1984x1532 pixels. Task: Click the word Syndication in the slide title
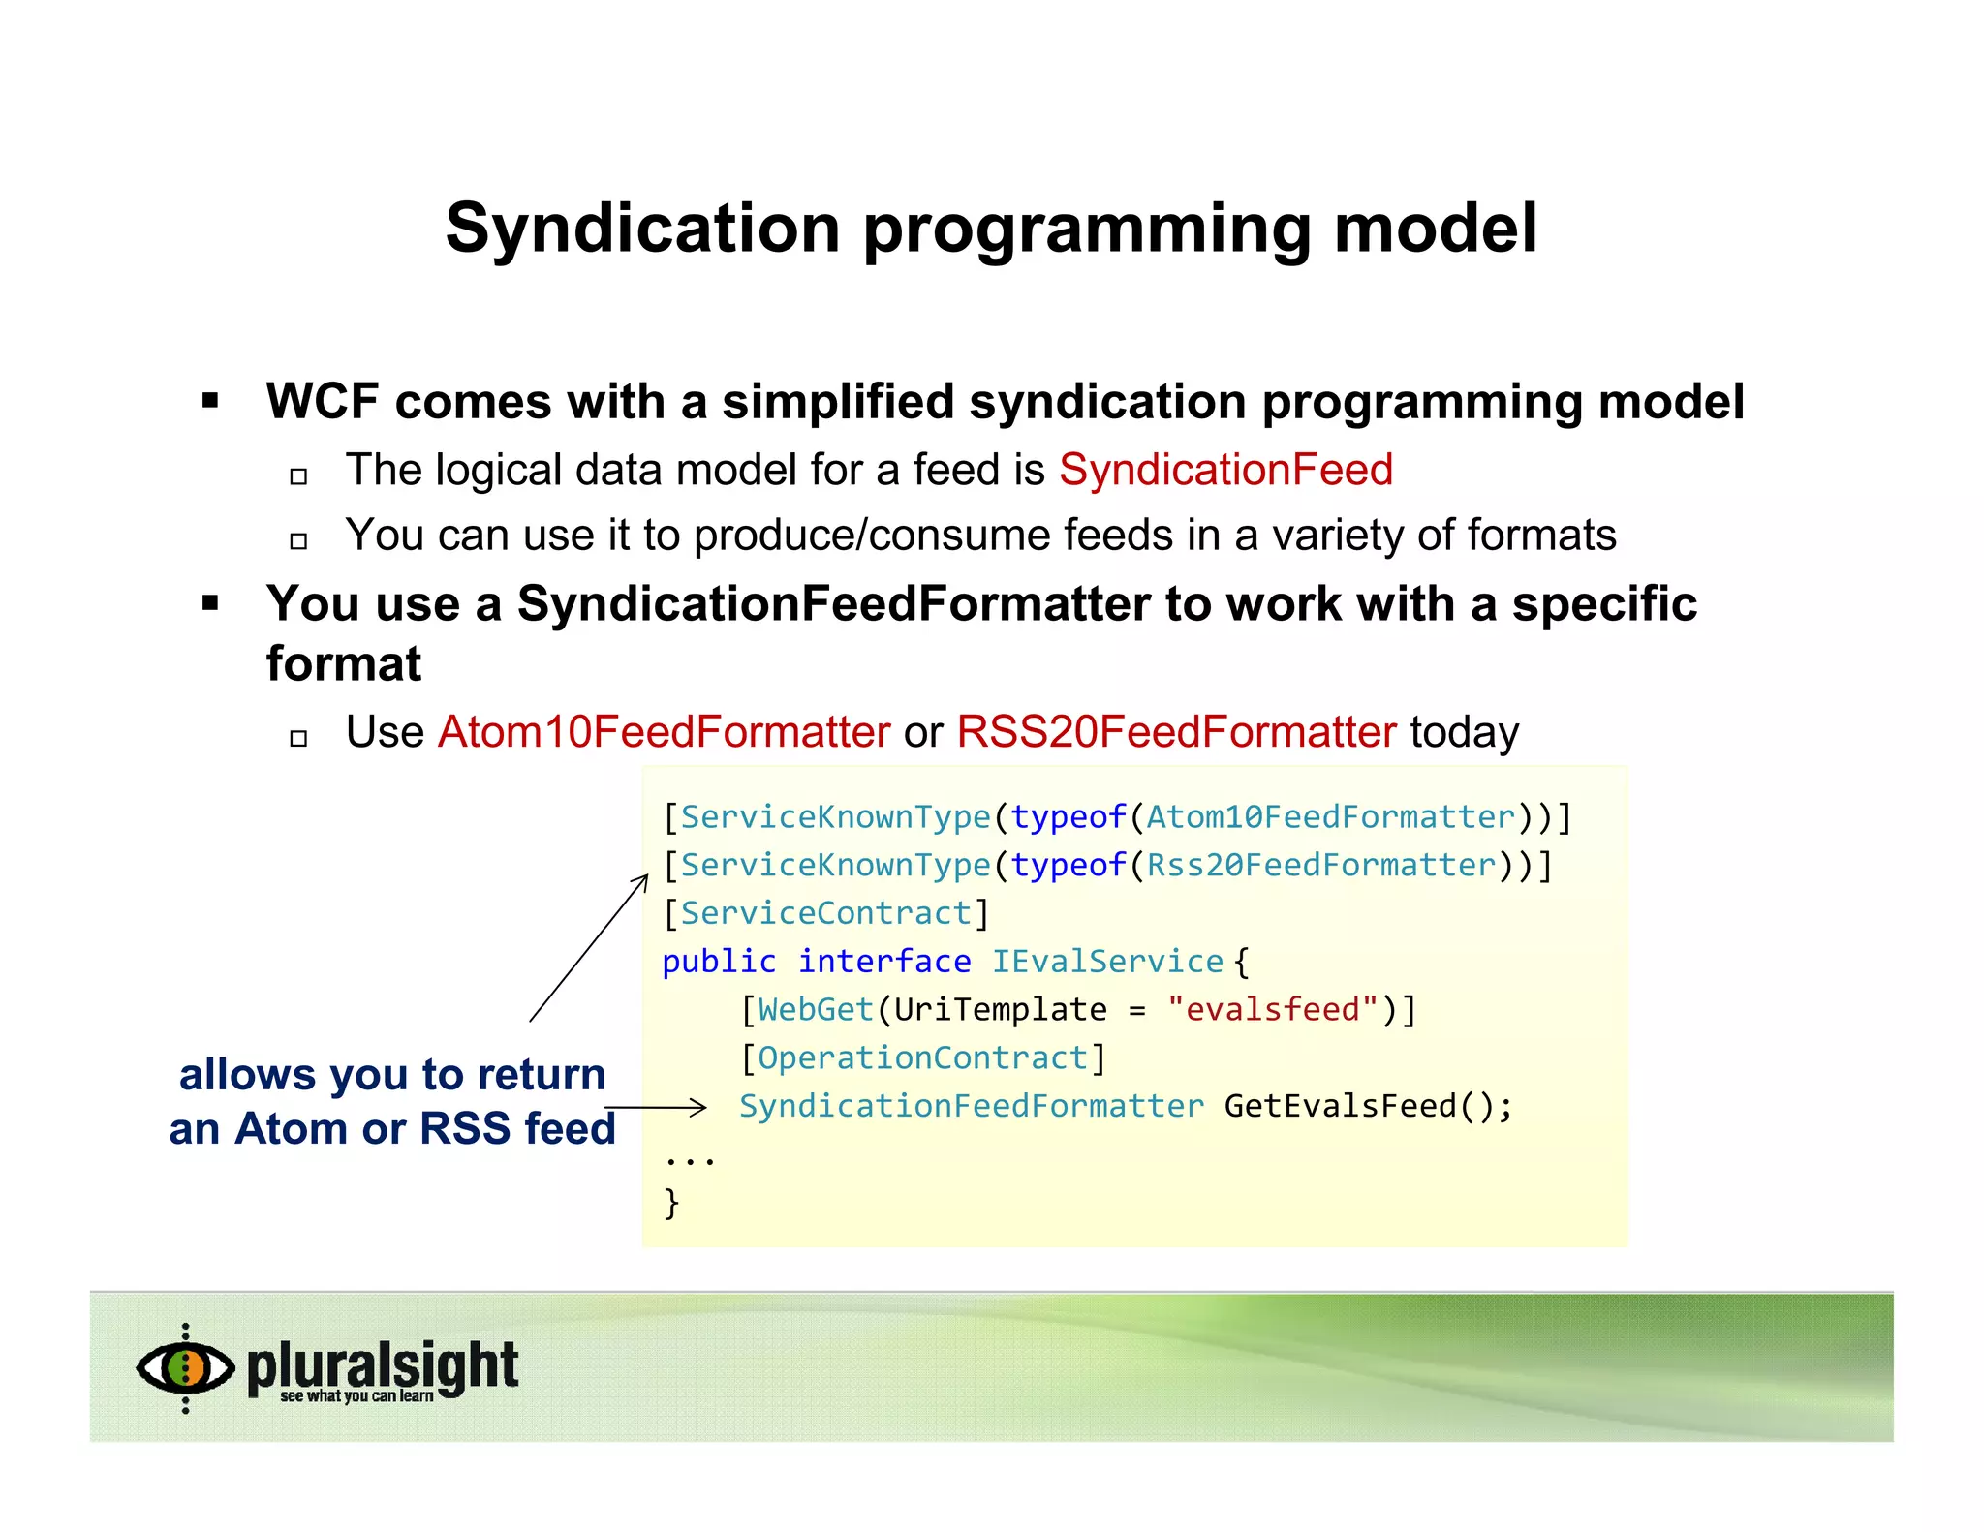click(x=642, y=229)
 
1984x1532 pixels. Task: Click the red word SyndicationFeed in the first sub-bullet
click(x=1225, y=470)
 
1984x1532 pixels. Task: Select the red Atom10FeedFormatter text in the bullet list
click(x=664, y=731)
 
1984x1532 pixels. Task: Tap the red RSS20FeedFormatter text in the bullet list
click(x=1176, y=731)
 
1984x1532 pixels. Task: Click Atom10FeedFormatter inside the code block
click(x=1330, y=816)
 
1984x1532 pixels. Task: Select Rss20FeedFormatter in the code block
click(x=1321, y=865)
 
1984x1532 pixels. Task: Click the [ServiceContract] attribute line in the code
click(x=826, y=913)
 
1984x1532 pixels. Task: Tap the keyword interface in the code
click(x=883, y=962)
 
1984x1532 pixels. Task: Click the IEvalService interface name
click(x=1107, y=962)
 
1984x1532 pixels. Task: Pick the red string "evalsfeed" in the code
click(x=1272, y=1009)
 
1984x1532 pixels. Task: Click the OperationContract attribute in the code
click(x=922, y=1057)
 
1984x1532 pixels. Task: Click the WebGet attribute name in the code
click(x=816, y=1009)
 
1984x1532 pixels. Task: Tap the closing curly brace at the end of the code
click(x=671, y=1203)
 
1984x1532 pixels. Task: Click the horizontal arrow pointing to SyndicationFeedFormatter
click(x=656, y=1107)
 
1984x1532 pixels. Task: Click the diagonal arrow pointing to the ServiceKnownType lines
click(x=588, y=948)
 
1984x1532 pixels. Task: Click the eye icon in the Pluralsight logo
click(x=185, y=1367)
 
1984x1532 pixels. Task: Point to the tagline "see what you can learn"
click(x=356, y=1396)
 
